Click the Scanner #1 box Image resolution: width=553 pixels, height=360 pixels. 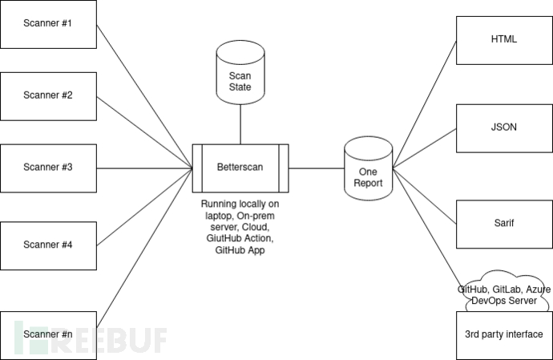48,24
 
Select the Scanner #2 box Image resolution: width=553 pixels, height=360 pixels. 48,95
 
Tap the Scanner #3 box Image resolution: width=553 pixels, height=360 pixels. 48,168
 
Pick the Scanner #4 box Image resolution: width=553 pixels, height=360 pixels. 48,244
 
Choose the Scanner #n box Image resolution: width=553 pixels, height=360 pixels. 48,334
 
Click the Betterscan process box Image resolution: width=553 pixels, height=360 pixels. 240,168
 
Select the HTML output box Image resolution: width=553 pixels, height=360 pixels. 503,39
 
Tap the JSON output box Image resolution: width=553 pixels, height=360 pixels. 503,127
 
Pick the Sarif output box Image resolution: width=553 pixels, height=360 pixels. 503,224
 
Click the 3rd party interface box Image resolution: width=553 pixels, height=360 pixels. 503,334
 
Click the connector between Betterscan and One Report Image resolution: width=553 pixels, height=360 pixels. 317,168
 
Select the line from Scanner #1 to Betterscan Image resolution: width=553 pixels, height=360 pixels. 144,95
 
